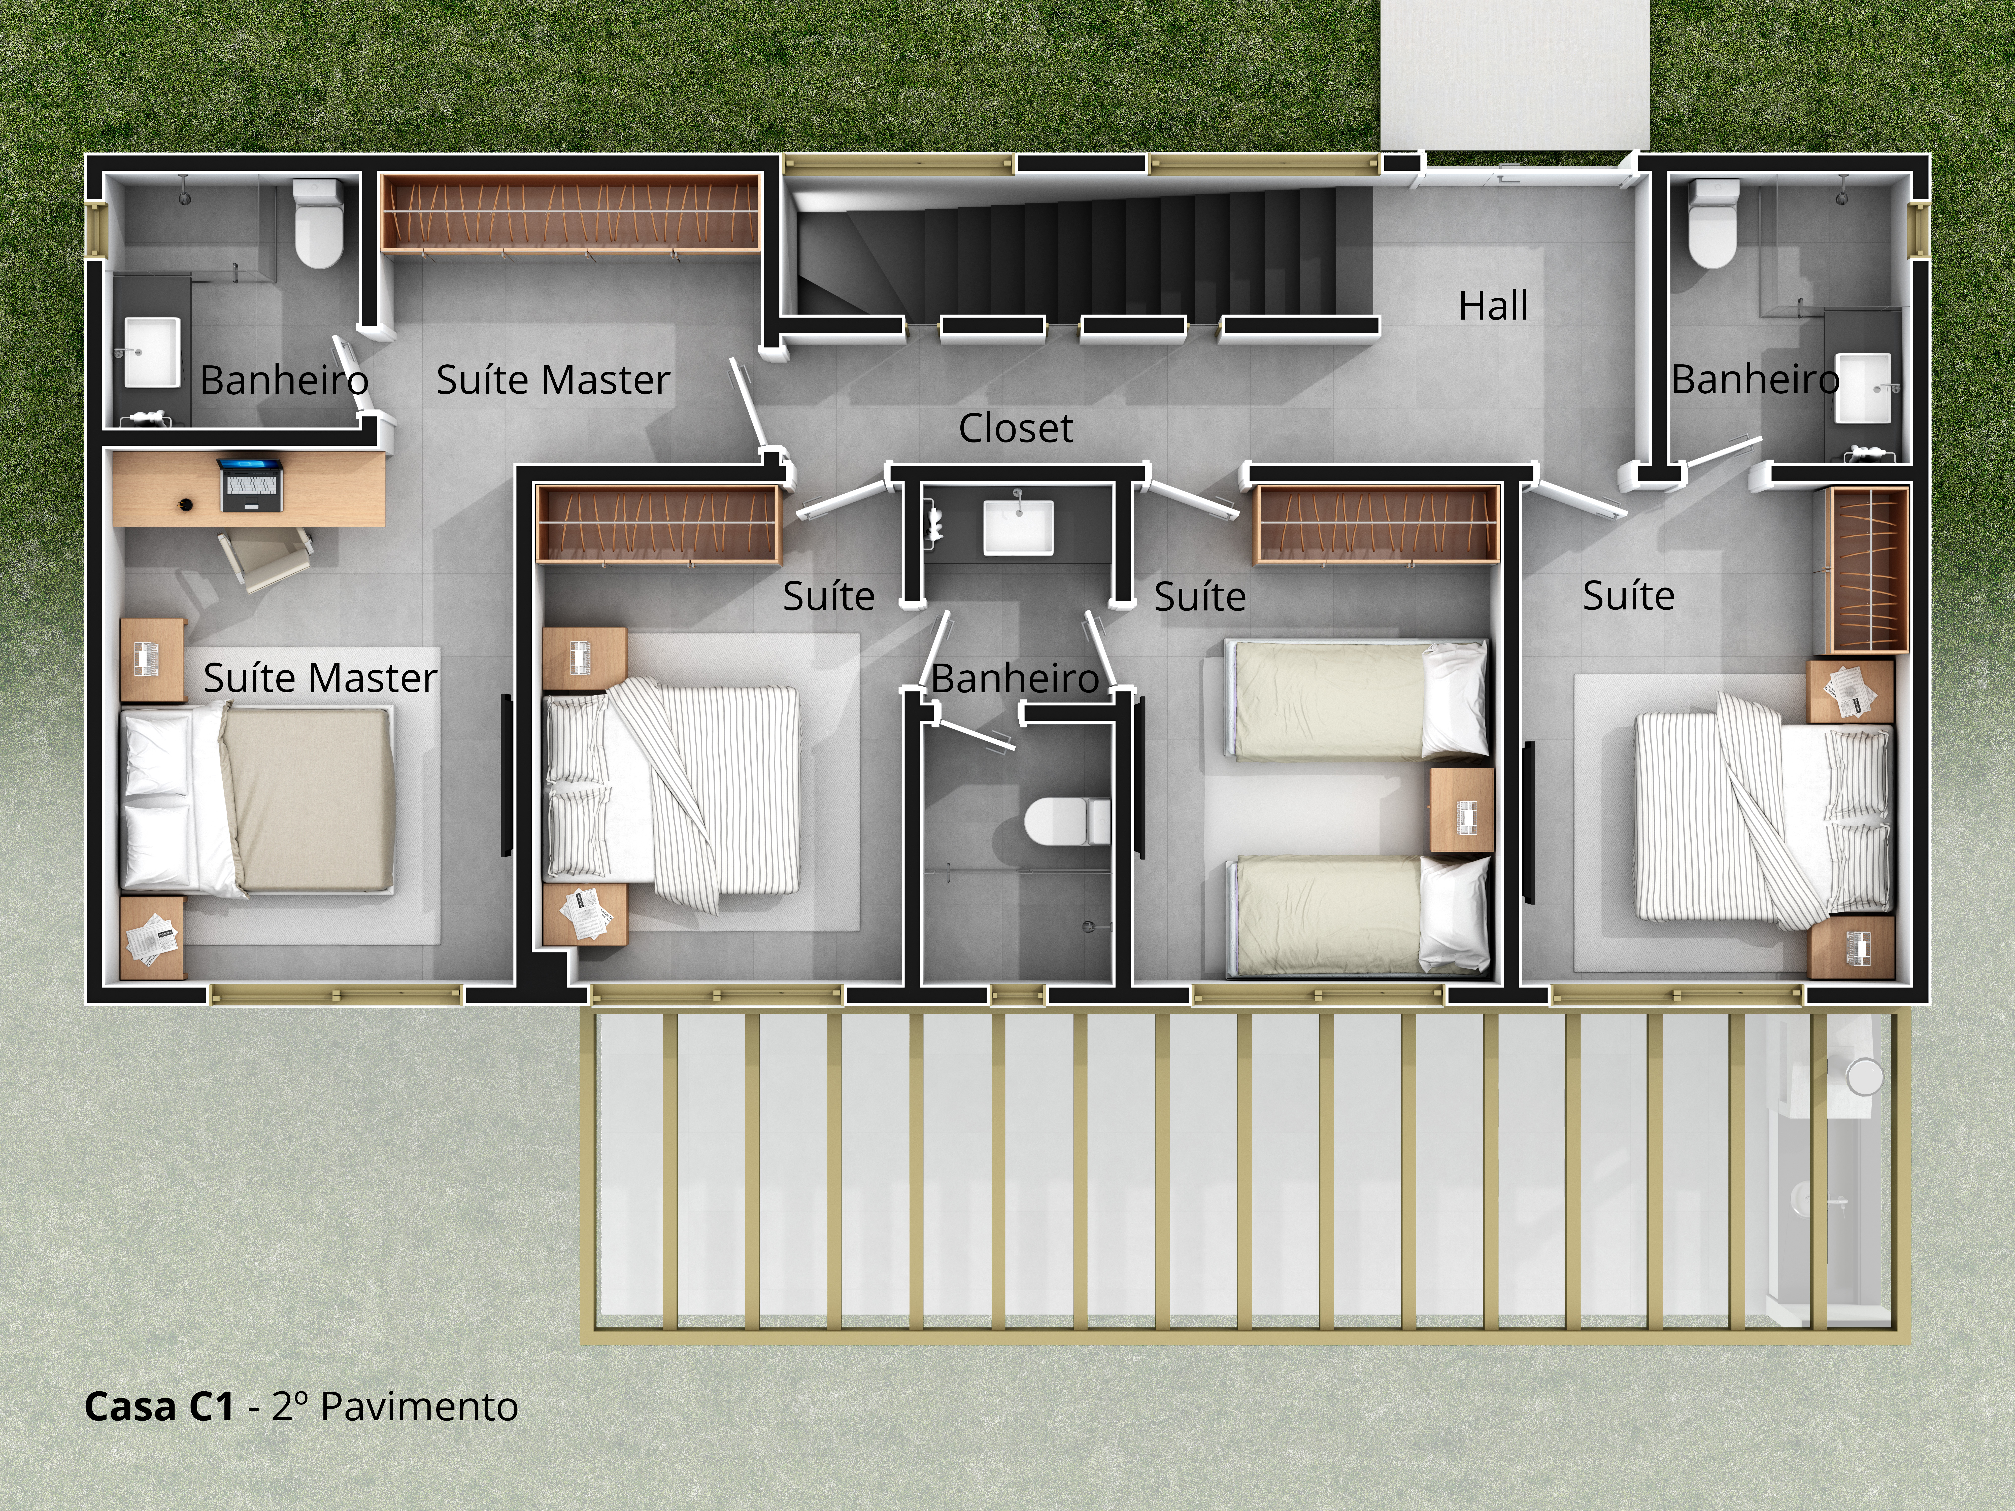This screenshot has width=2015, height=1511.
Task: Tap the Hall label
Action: (x=1493, y=306)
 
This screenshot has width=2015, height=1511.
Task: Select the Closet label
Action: (x=1016, y=428)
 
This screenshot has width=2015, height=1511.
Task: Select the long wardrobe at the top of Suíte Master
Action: (x=570, y=212)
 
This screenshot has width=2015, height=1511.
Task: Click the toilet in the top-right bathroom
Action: (x=1712, y=223)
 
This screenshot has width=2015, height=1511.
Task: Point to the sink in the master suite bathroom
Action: (x=151, y=353)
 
